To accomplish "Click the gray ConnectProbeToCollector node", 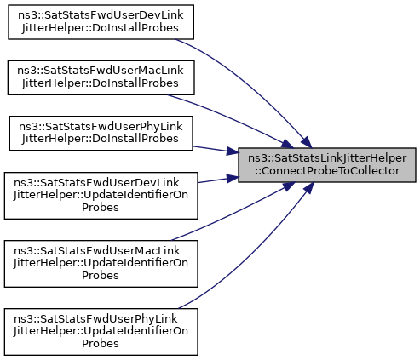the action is click(327, 165).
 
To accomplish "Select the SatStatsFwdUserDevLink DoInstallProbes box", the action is click(101, 22).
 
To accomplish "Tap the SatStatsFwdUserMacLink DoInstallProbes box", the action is click(101, 77).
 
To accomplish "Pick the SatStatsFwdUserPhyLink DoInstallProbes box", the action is click(101, 133).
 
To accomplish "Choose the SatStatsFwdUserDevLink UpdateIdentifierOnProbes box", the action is click(101, 196).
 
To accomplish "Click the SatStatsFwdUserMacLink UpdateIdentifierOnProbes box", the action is click(101, 264).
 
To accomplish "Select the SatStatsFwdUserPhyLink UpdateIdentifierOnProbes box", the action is click(101, 332).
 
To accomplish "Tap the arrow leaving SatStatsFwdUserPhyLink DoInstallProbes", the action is click(216, 150).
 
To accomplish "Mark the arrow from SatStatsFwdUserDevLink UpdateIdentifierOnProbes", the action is click(218, 180).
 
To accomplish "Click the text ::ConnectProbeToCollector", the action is click(327, 171).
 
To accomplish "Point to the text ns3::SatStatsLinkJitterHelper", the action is click(327, 158).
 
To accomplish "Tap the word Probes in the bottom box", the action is click(101, 344).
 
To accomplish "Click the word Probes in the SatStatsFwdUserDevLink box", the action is click(101, 208).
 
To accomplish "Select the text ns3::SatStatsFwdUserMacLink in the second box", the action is click(101, 71).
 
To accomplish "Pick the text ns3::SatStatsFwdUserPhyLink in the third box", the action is click(101, 127).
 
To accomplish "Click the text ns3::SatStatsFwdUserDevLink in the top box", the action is click(101, 15).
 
